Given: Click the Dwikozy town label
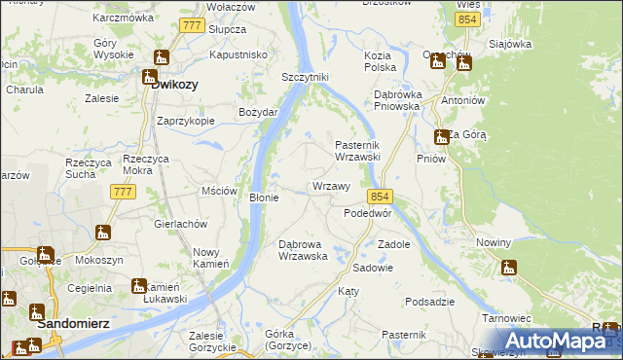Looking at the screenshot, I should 175,84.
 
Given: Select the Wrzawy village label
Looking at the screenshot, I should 331,186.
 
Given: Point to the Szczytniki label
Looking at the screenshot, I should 307,77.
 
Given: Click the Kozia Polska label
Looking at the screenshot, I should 379,62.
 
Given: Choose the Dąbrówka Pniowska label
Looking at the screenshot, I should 396,100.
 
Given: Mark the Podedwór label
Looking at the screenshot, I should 368,213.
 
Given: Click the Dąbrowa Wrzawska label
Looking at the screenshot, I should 309,250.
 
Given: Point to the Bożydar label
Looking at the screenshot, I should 258,112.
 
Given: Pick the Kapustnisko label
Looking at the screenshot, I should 238,55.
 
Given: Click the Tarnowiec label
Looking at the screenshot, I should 505,318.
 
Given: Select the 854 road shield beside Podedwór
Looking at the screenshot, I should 380,196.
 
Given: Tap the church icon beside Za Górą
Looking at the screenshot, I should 440,135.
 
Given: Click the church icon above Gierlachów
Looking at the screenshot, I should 103,233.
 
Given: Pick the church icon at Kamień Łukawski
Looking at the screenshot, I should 138,286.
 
